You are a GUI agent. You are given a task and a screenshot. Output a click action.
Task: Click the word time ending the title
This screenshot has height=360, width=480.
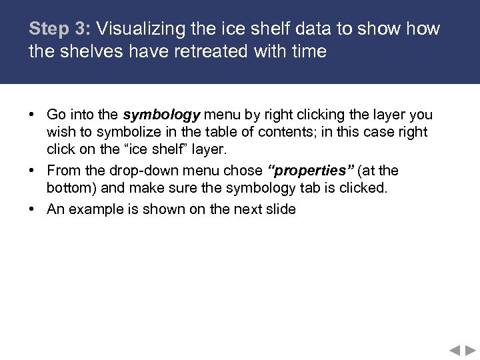click(x=307, y=51)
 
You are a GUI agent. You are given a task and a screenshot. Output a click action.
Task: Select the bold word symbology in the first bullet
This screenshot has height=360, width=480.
click(x=161, y=115)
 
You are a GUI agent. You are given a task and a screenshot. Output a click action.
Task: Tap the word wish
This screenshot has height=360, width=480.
click(x=59, y=132)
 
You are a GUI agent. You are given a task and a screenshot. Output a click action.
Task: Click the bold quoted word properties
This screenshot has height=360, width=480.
click(x=307, y=171)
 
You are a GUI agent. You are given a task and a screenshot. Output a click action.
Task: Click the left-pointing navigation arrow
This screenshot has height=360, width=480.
click(x=454, y=349)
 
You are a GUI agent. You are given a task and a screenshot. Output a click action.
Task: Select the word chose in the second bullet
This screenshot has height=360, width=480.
click(x=243, y=171)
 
